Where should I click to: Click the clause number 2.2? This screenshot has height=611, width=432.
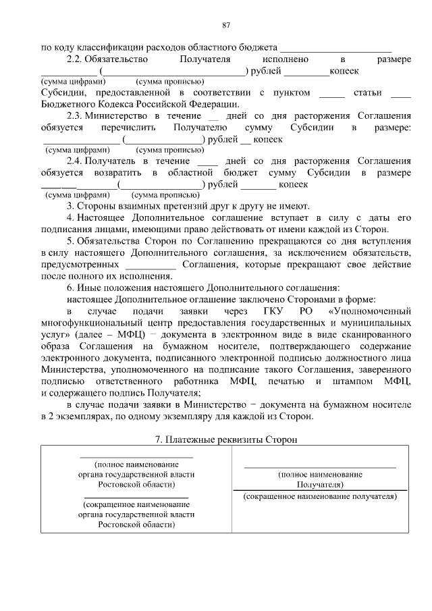pos(75,59)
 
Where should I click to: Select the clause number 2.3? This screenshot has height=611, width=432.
pos(75,115)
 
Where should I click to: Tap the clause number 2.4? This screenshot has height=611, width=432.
pos(75,161)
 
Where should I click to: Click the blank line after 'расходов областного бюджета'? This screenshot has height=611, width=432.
pos(335,49)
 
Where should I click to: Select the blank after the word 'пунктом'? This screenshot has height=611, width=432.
pos(331,92)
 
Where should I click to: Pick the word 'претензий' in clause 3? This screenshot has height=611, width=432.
pos(180,206)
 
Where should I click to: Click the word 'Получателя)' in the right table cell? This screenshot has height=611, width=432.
pos(320,485)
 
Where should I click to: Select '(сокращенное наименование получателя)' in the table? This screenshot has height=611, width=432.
pos(320,496)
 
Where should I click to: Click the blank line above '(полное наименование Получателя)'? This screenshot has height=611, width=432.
pos(320,467)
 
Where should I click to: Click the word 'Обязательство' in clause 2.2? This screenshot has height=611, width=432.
pos(119,59)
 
